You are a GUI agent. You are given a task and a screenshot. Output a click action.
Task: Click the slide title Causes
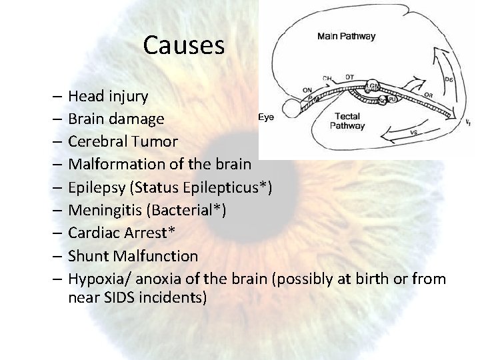point(185,45)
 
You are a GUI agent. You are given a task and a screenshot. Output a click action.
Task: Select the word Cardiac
point(94,233)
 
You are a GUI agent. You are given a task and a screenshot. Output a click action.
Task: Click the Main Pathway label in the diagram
point(346,37)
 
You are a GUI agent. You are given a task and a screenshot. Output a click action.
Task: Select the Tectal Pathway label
point(347,120)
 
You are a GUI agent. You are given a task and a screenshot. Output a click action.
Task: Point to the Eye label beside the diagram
point(265,118)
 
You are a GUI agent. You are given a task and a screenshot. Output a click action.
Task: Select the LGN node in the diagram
point(373,87)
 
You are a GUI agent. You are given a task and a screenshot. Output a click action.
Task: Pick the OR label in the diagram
point(428,95)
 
